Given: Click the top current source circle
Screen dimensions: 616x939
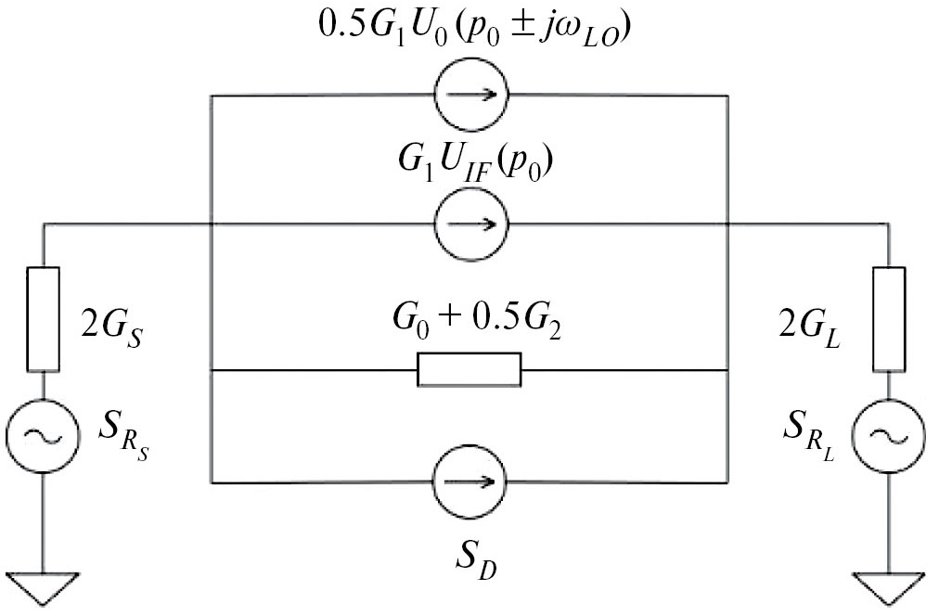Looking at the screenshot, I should pyautogui.click(x=470, y=95).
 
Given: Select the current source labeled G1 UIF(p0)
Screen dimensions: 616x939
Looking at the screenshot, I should pyautogui.click(x=470, y=224).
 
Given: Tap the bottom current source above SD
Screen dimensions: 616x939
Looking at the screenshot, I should pyautogui.click(x=470, y=482).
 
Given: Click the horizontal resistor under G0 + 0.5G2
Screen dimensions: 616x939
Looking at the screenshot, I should pyautogui.click(x=469, y=370).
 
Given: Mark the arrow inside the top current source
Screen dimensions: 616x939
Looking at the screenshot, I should pyautogui.click(x=470, y=95).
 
